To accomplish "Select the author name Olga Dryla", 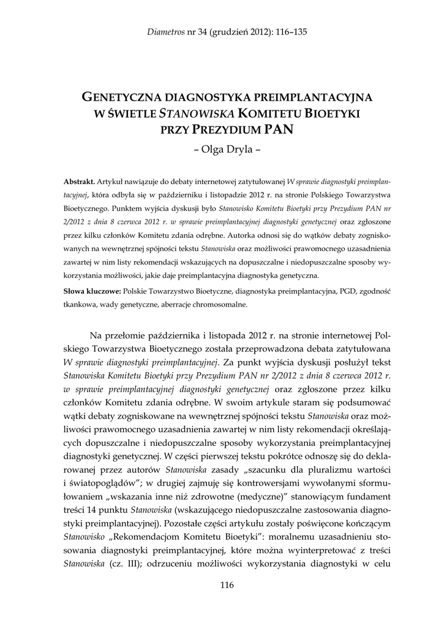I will click(222, 148).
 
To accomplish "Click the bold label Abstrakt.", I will click(79, 182).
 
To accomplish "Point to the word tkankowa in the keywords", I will click(80, 304).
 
